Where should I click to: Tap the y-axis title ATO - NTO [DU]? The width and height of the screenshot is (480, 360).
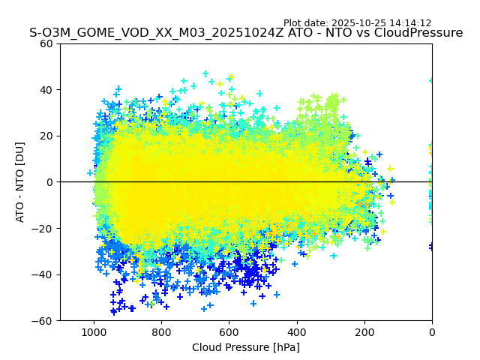20,182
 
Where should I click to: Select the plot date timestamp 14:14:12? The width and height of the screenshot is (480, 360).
410,23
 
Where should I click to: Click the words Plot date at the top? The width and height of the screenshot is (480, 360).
306,23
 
